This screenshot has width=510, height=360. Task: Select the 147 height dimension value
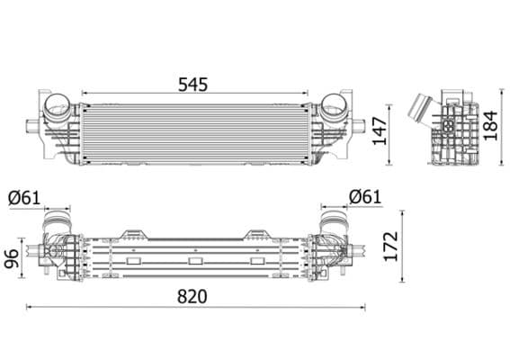pyautogui.click(x=381, y=132)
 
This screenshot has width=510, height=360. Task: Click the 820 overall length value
pyautogui.click(x=192, y=296)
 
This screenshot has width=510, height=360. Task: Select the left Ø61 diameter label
pyautogui.click(x=24, y=196)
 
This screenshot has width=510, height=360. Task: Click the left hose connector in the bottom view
pyautogui.click(x=57, y=220)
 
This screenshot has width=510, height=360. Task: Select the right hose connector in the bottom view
pyautogui.click(x=335, y=220)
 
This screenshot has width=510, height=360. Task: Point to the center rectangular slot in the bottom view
pyautogui.click(x=195, y=262)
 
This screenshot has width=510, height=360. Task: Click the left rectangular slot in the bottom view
pyautogui.click(x=133, y=261)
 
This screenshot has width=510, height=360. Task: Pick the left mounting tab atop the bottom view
pyautogui.click(x=135, y=233)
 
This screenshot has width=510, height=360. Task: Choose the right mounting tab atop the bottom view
pyautogui.click(x=255, y=233)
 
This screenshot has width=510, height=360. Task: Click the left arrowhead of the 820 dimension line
pyautogui.click(x=29, y=307)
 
